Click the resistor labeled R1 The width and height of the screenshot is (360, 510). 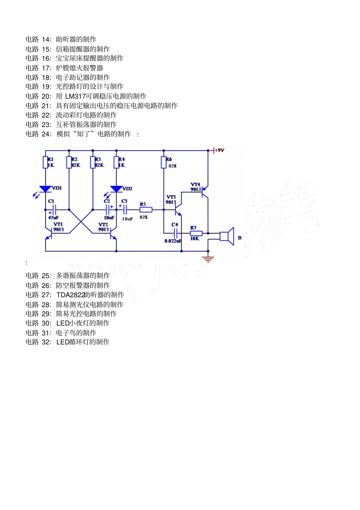tap(45, 162)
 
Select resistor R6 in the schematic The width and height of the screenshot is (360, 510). tap(164, 162)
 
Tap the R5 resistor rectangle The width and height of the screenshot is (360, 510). tap(146, 210)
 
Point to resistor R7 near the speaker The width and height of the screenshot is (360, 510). tap(196, 233)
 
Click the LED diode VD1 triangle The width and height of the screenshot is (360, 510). tap(45, 189)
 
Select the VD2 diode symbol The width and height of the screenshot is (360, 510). tap(116, 189)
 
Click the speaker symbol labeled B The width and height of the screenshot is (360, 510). tap(227, 237)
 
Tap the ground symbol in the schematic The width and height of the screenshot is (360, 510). tap(208, 259)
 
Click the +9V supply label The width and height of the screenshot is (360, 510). tap(219, 151)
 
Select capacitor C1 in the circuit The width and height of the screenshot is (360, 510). tap(54, 209)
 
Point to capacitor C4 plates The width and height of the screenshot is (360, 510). tap(175, 233)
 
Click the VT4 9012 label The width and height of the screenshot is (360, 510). tap(196, 187)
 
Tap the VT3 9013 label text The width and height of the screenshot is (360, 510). tap(171, 200)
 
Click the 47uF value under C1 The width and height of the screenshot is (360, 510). tap(53, 218)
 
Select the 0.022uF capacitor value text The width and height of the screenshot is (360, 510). tap(173, 241)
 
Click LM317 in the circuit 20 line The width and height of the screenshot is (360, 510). tap(75, 96)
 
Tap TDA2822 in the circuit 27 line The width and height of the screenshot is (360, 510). tap(70, 295)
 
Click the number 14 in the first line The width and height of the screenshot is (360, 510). tap(46, 39)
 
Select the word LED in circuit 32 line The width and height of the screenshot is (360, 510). tap(63, 342)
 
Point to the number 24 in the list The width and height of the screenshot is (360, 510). tap(46, 134)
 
